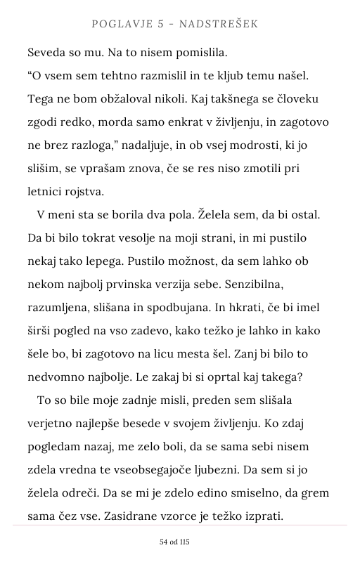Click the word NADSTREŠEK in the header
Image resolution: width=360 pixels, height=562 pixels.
pyautogui.click(x=219, y=25)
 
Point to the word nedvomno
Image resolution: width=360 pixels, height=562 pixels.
pyautogui.click(x=56, y=377)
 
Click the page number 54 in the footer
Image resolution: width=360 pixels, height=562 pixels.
pyautogui.click(x=165, y=542)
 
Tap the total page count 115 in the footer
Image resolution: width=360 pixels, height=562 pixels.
pyautogui.click(x=184, y=542)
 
